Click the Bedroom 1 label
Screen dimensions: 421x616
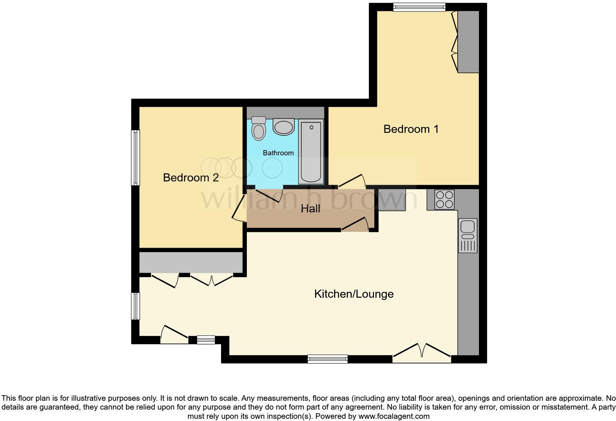point(411,129)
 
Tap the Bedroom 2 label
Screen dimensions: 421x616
point(190,178)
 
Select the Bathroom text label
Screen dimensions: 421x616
point(278,153)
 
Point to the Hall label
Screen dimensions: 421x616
point(310,209)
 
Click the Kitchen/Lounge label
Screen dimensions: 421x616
point(354,294)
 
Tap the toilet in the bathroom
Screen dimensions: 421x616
point(259,128)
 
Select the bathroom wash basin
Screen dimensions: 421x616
point(283,127)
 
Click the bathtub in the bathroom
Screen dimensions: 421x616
point(311,152)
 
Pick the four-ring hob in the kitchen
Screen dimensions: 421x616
point(444,199)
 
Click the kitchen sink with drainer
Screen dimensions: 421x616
point(468,236)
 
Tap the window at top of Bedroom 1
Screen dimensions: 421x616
point(419,7)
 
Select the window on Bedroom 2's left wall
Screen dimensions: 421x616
point(136,158)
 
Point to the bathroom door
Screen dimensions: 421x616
point(269,195)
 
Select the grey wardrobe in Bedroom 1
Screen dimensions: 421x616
point(468,42)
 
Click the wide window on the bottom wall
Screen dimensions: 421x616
point(328,359)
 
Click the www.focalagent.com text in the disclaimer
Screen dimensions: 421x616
point(394,417)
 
